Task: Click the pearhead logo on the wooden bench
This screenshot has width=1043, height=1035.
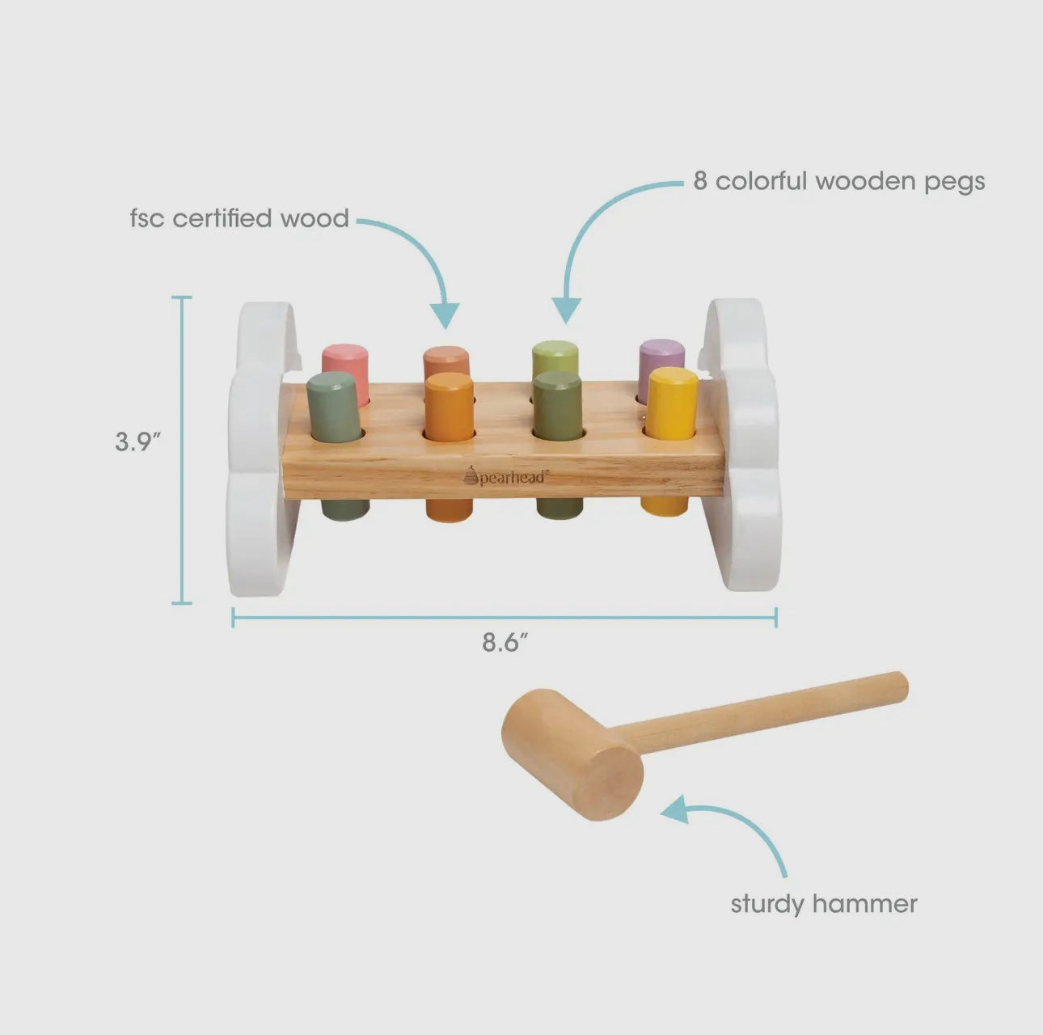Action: [x=507, y=476]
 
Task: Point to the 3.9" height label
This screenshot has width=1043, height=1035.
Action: [x=138, y=442]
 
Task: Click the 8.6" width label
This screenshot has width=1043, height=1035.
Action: [x=505, y=643]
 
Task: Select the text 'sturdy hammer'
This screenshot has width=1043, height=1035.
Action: [x=824, y=904]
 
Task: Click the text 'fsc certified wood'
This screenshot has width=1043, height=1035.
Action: [x=239, y=218]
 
